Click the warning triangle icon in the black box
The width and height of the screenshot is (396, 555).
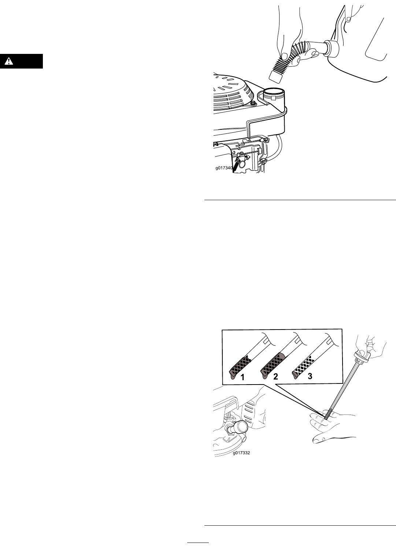(9, 61)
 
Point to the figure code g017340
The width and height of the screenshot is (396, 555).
(224, 168)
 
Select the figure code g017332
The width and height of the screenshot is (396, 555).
(241, 453)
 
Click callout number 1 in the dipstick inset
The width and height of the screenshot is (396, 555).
(243, 377)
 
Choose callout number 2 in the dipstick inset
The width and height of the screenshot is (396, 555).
(275, 376)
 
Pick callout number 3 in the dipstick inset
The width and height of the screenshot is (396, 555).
(310, 376)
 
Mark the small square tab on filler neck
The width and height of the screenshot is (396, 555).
(274, 99)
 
